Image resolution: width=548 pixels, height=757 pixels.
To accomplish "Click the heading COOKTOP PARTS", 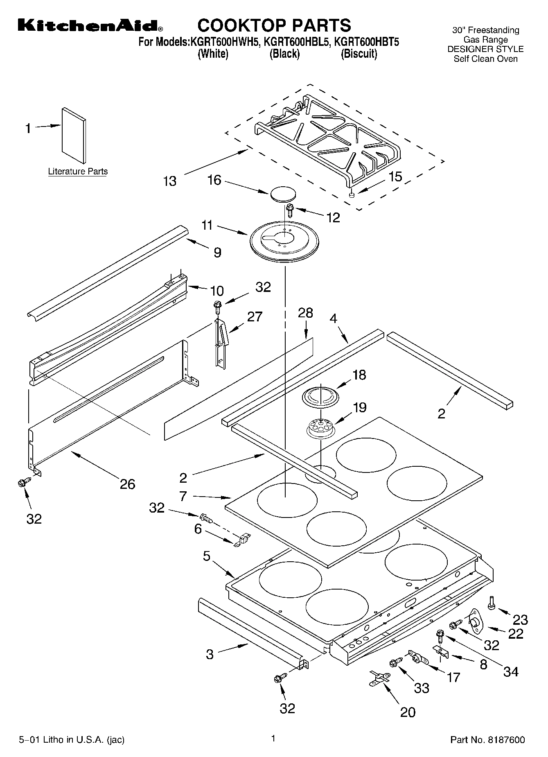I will pyautogui.click(x=274, y=25).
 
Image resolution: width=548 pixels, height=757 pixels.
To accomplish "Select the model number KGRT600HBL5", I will pyautogui.click(x=296, y=42).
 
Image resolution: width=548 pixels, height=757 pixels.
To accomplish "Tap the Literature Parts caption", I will pyautogui.click(x=78, y=172).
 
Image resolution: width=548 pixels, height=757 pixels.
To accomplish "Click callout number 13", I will pyautogui.click(x=169, y=181).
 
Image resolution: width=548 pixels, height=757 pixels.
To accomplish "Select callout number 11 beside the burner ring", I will pyautogui.click(x=207, y=225).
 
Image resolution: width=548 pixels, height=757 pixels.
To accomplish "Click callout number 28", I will pyautogui.click(x=305, y=313).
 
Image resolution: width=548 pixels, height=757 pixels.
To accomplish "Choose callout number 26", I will pyautogui.click(x=127, y=484).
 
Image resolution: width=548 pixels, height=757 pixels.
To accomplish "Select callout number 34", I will pyautogui.click(x=511, y=671).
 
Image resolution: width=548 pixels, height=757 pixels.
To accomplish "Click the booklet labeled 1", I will pyautogui.click(x=74, y=135).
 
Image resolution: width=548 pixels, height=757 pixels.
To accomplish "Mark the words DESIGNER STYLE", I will pyautogui.click(x=485, y=49).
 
